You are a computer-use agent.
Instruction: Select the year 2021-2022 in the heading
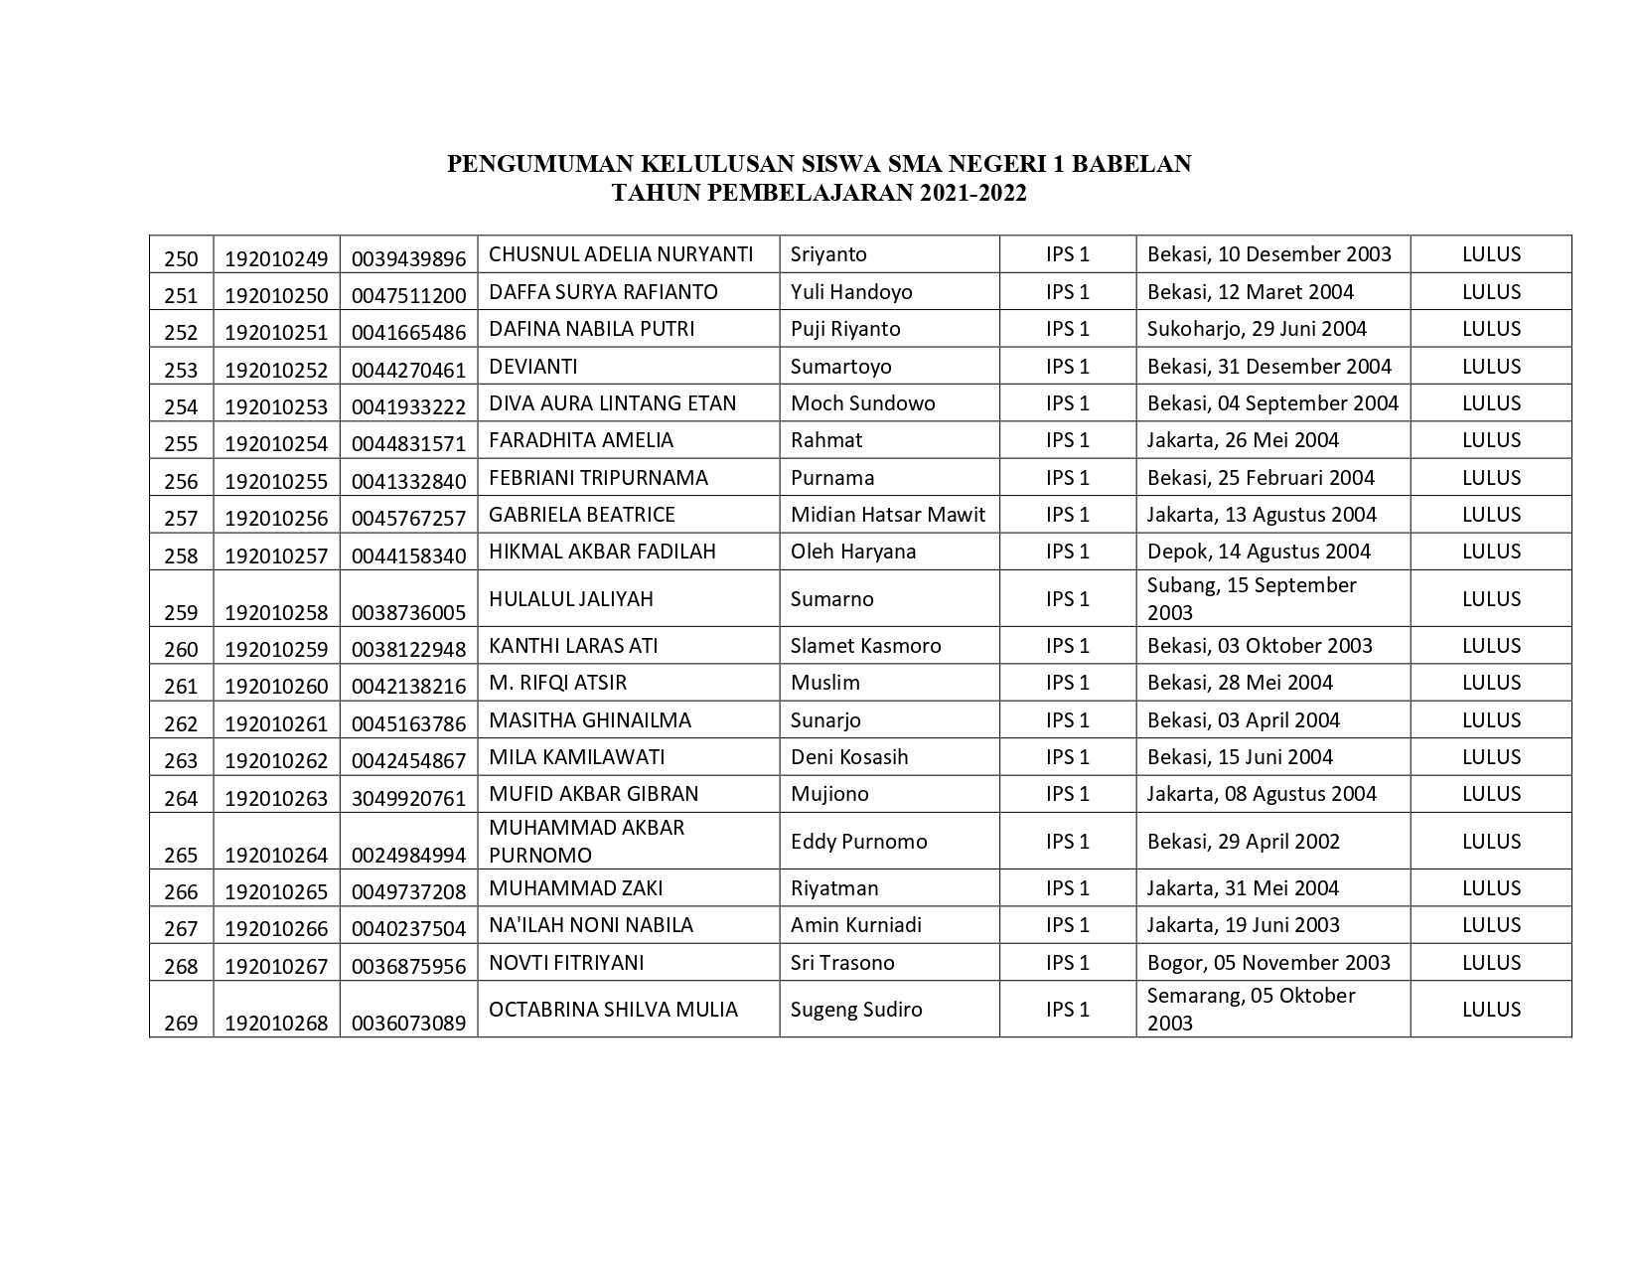pyautogui.click(x=972, y=193)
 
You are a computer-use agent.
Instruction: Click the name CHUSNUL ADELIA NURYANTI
pyautogui.click(x=621, y=254)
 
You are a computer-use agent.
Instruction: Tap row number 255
pyautogui.click(x=181, y=444)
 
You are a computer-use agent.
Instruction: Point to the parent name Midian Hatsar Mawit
pyautogui.click(x=887, y=515)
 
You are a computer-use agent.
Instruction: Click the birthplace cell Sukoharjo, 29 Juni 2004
pyautogui.click(x=1257, y=329)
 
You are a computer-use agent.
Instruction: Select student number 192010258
pyautogui.click(x=276, y=612)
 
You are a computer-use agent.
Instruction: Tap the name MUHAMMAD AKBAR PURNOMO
pyautogui.click(x=586, y=842)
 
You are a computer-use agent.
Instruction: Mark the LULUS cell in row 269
pyautogui.click(x=1490, y=1010)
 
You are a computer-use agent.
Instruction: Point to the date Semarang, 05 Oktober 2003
pyautogui.click(x=1251, y=1009)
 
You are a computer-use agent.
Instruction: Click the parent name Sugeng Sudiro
pyautogui.click(x=855, y=1010)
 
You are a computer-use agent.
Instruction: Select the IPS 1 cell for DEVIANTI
pyautogui.click(x=1067, y=367)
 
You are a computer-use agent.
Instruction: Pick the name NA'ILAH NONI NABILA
pyautogui.click(x=590, y=925)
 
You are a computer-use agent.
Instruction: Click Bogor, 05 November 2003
pyautogui.click(x=1267, y=963)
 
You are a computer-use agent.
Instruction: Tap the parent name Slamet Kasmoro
pyautogui.click(x=865, y=646)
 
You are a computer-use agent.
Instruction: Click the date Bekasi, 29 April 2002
pyautogui.click(x=1243, y=842)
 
